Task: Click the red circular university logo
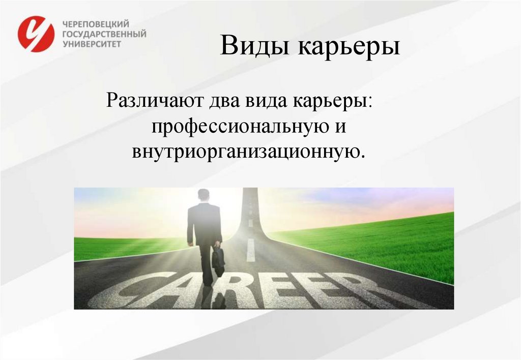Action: click(36, 34)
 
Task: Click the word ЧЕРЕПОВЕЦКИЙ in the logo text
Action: click(96, 24)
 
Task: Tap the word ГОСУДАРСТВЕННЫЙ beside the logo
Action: click(104, 34)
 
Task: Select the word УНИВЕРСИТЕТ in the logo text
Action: click(92, 44)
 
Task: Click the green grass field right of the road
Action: click(387, 244)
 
